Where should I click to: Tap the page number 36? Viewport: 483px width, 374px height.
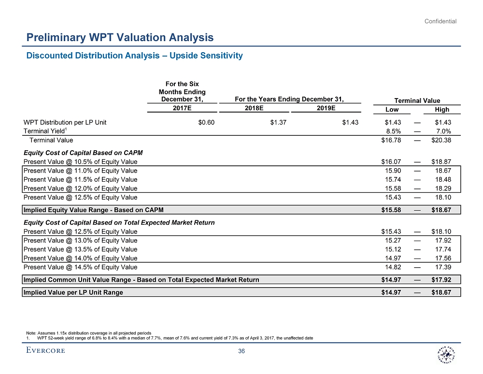pos(241,351)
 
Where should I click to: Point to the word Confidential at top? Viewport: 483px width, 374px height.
pos(440,21)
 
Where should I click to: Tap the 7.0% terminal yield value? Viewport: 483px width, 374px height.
pos(443,131)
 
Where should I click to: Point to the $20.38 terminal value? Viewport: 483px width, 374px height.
pos(441,140)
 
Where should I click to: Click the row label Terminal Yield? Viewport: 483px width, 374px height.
pos(44,131)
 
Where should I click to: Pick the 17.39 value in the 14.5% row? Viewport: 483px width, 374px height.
pos(443,267)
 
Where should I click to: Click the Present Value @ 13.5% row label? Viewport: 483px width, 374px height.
pos(80,249)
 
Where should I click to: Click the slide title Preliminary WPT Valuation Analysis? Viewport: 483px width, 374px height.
pos(120,37)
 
